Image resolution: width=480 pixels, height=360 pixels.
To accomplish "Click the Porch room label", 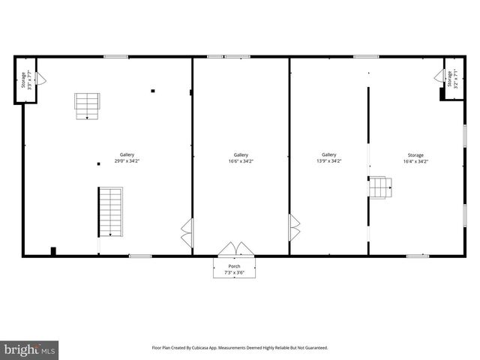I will [235, 265].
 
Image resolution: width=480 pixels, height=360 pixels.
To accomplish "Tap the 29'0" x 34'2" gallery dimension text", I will [127, 160].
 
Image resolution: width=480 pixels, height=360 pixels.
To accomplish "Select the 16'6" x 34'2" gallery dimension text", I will [241, 160].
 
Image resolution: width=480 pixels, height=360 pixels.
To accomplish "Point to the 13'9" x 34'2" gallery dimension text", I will [329, 160].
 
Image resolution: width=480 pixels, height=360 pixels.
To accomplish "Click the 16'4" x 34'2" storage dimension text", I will [415, 160].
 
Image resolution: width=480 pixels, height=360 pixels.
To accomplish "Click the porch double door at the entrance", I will [235, 249].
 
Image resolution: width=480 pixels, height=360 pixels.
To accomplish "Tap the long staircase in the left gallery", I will [110, 211].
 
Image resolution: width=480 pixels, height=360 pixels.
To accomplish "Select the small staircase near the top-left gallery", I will [86, 106].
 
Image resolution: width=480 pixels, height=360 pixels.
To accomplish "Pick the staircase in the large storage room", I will [380, 187].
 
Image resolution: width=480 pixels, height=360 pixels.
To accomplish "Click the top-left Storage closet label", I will [23, 79].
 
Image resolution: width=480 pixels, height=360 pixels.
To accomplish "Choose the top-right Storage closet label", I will [451, 78].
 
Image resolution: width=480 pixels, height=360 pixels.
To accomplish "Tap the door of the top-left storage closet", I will [41, 78].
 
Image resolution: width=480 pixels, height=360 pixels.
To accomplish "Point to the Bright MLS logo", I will [29, 350].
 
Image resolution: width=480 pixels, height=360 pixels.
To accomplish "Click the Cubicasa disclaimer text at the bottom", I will [240, 348].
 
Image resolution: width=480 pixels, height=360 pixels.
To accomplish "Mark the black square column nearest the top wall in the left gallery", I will [153, 91].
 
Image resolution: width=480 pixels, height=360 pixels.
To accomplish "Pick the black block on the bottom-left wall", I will [52, 250].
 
